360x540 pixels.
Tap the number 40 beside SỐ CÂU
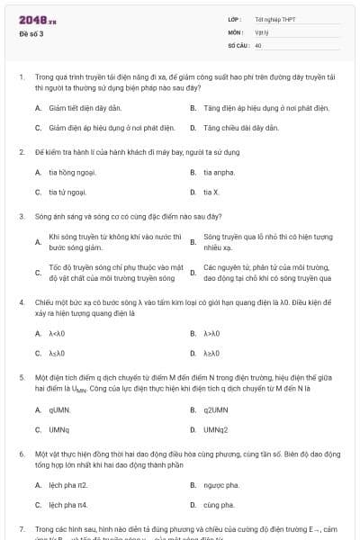pos(258,44)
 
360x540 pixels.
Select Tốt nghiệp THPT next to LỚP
pos(274,19)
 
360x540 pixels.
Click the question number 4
pos(21,303)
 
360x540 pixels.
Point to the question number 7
pos(21,528)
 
